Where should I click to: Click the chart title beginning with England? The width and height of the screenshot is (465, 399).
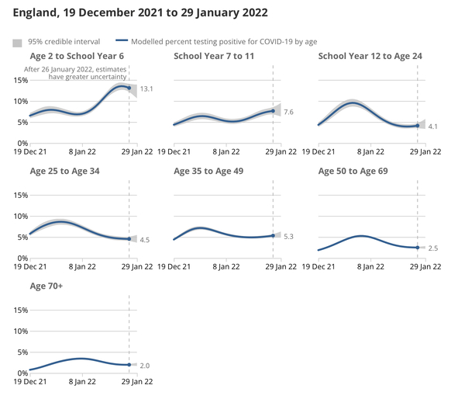click(140, 13)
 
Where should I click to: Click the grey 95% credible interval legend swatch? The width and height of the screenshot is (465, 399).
click(17, 41)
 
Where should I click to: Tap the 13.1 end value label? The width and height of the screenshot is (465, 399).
click(146, 90)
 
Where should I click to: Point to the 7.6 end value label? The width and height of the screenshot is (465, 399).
click(288, 113)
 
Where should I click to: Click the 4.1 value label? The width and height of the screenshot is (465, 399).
click(433, 126)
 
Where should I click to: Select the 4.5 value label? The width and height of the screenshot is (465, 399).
click(144, 240)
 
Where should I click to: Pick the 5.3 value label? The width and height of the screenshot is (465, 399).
click(288, 236)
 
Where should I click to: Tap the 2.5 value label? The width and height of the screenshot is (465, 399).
click(433, 248)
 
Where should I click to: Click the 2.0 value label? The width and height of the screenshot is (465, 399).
click(145, 365)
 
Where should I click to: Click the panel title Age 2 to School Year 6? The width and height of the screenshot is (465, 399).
click(76, 57)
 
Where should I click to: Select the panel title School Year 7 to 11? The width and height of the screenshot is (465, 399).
click(213, 57)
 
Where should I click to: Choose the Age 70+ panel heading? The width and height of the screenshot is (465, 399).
click(46, 286)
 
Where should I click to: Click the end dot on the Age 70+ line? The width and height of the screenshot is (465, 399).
click(129, 365)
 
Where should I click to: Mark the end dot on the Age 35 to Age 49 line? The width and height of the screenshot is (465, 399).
click(273, 235)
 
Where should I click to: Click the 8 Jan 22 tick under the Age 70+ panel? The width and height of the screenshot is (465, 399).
click(81, 382)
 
